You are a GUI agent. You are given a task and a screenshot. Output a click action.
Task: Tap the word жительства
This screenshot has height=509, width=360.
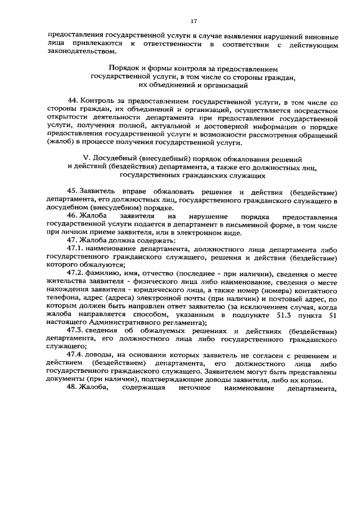[66, 283]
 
